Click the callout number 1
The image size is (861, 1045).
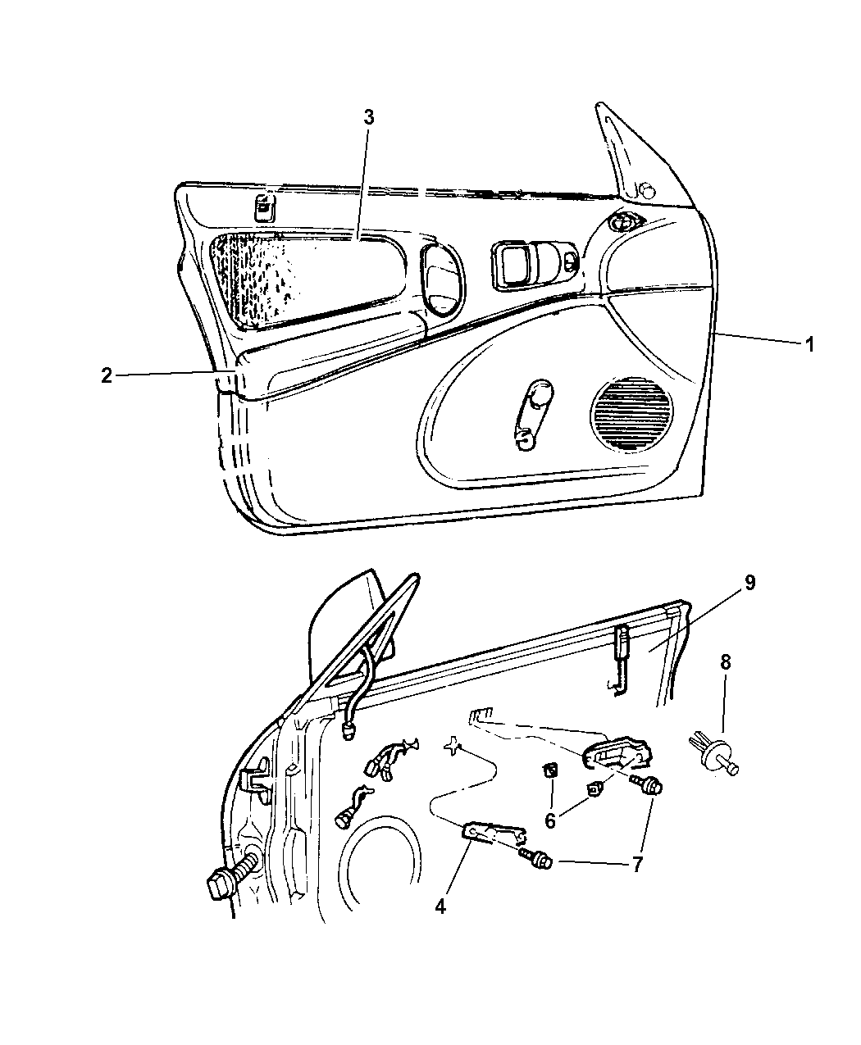coord(809,344)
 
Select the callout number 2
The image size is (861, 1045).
coord(106,375)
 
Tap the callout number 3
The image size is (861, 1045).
coord(369,117)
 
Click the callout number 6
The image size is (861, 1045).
coord(550,820)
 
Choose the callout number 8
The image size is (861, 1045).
coord(725,662)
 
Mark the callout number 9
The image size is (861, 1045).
coord(749,583)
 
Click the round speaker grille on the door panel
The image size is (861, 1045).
coord(631,413)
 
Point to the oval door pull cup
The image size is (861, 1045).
coord(444,280)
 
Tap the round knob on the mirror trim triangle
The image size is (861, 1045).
coord(648,191)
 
